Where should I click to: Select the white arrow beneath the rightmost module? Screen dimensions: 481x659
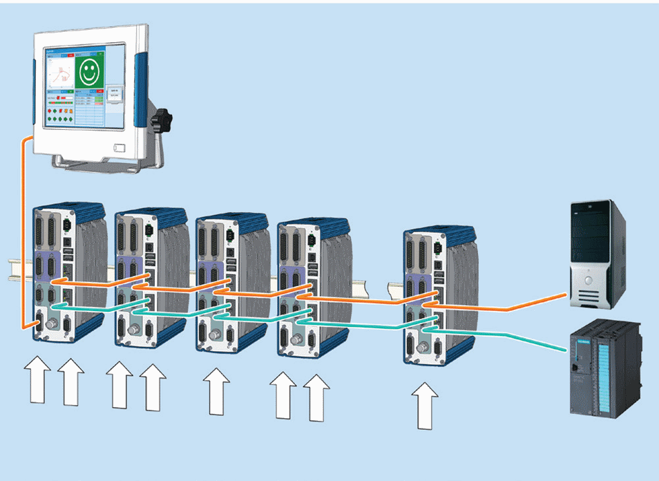426,407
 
